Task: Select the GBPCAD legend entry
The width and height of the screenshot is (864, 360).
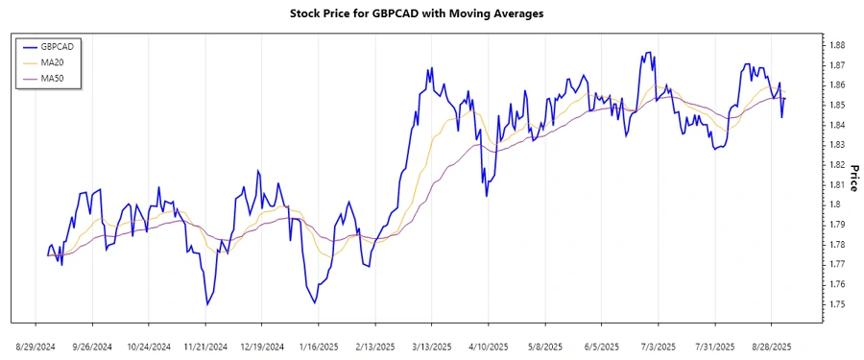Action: [x=58, y=46]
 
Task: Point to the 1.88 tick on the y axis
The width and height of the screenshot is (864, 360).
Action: [x=836, y=45]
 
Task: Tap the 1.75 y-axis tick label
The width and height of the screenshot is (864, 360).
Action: [x=836, y=304]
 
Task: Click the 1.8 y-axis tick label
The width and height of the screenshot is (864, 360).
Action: [x=834, y=204]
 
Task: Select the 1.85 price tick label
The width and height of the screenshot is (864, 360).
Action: [x=836, y=105]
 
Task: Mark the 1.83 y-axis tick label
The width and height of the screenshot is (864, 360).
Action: [x=836, y=145]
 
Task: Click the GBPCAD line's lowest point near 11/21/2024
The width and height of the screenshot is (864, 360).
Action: [x=205, y=305]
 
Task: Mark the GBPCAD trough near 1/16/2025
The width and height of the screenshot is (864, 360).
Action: [x=314, y=302]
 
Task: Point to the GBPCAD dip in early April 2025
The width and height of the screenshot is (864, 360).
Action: [x=487, y=196]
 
